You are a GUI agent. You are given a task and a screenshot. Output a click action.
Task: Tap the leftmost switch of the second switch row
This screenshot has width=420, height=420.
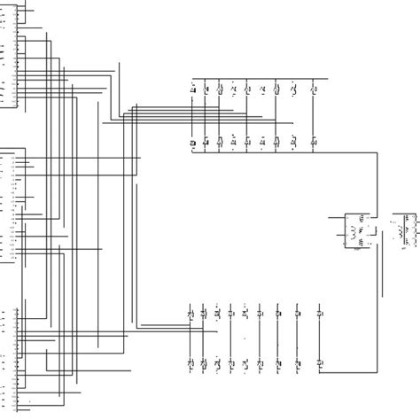193,141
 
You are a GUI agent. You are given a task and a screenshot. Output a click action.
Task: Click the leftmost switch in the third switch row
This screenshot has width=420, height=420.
190,313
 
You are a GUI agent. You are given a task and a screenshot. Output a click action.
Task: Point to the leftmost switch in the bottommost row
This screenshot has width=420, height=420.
190,363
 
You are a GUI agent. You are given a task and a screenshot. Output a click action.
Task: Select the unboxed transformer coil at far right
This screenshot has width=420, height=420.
408,228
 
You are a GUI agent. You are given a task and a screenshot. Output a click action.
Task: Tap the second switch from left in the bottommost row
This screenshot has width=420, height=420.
203,363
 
